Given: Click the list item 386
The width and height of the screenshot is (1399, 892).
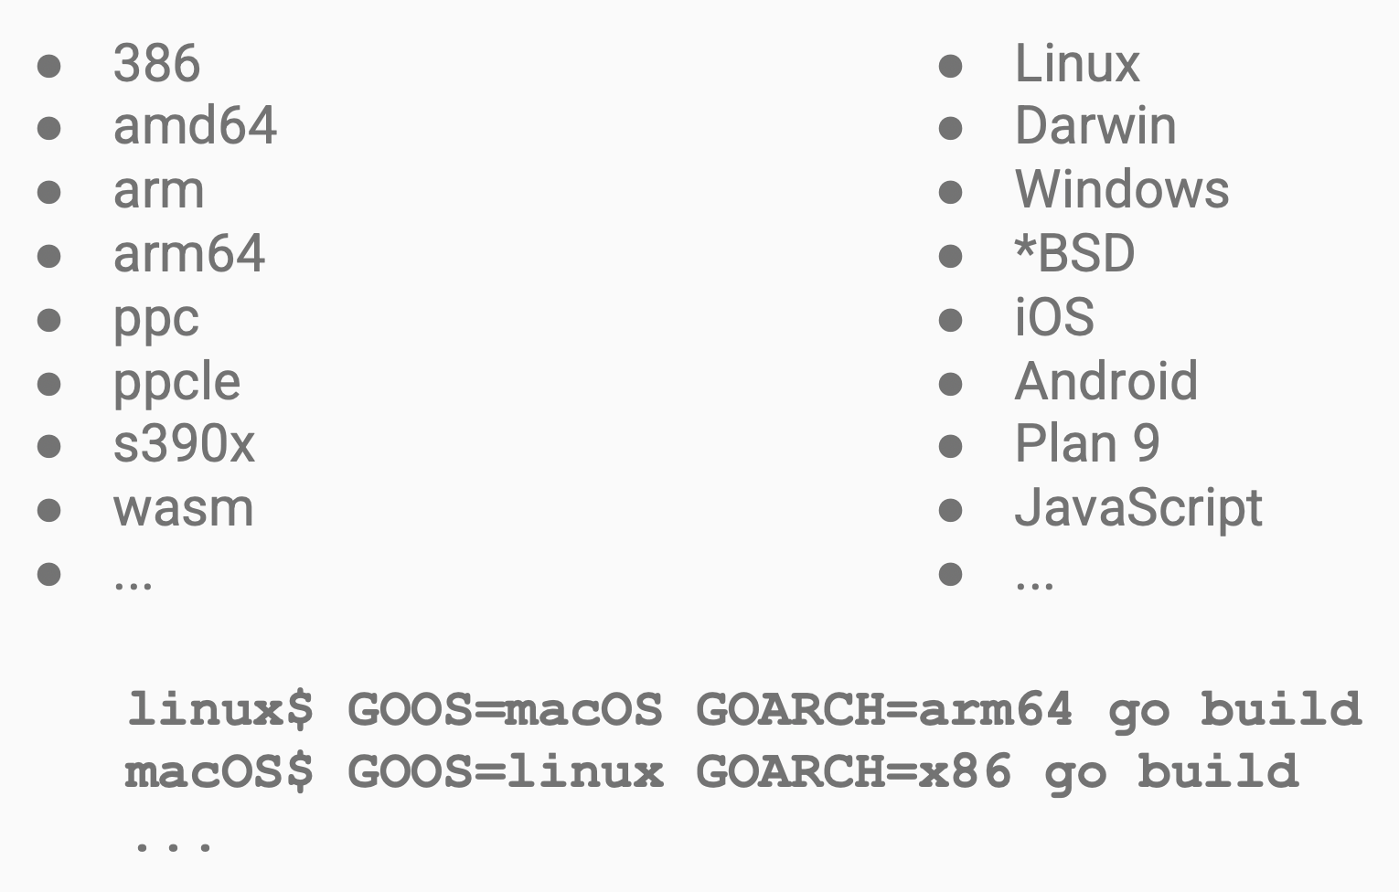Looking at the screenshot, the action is tap(156, 63).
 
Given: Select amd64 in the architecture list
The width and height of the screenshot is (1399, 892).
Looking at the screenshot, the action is tap(195, 125).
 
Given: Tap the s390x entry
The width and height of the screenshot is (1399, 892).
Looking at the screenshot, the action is tap(184, 443).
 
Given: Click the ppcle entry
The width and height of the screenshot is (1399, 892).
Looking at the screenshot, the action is tap(176, 383).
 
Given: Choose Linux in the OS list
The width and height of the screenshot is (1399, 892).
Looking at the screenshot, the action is tap(1077, 63).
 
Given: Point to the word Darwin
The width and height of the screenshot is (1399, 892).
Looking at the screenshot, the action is tap(1095, 125).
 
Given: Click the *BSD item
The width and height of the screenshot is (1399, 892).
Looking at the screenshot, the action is tap(1075, 253).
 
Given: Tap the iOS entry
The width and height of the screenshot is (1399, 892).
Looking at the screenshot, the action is tap(1054, 316).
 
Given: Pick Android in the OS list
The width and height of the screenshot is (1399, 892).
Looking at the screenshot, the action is tap(1106, 380).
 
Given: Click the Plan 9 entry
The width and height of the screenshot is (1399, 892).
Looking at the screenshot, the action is tap(1087, 443).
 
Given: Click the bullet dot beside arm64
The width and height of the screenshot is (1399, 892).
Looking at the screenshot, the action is tap(48, 256).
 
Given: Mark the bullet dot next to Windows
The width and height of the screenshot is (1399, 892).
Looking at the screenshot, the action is tap(951, 192).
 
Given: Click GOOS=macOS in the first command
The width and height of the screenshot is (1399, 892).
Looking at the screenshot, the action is tap(505, 709).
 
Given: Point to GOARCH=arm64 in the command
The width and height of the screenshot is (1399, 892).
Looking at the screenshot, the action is tap(883, 709).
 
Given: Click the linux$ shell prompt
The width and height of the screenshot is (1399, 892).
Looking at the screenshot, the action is tap(219, 710).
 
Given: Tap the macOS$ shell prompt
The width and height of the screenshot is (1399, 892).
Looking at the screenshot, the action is tap(219, 772).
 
